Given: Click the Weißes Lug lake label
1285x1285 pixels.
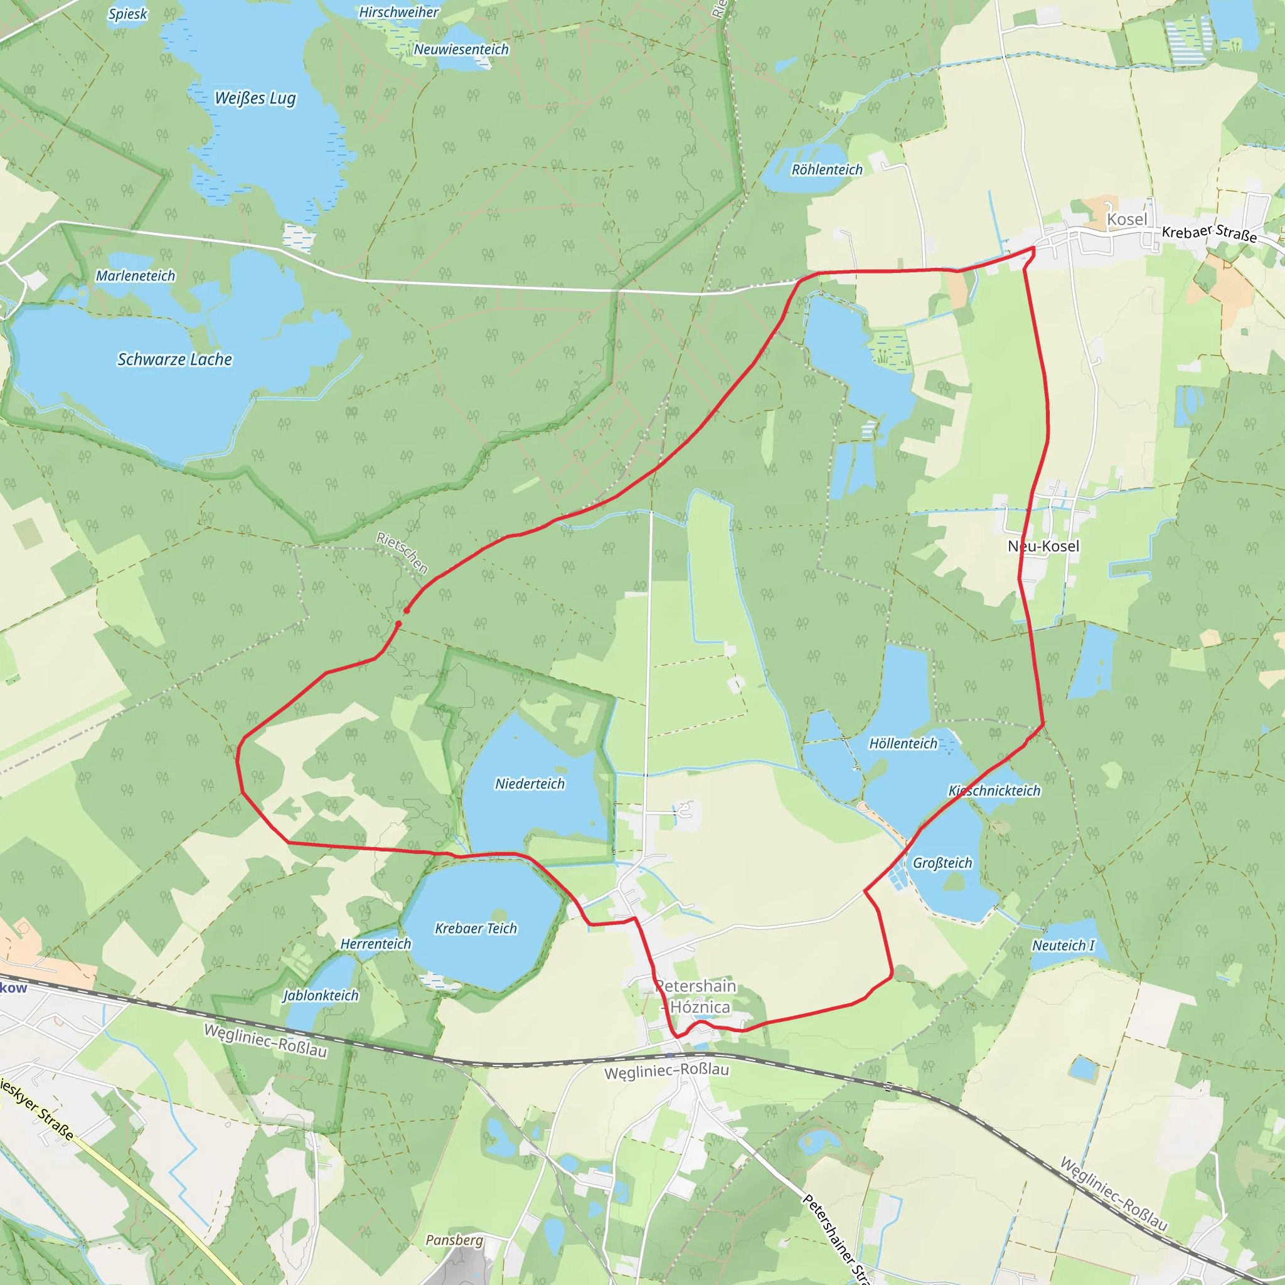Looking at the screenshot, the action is point(255,99).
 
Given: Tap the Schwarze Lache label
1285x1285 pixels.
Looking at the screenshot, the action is point(175,360).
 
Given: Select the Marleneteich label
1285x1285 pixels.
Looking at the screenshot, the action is point(136,276).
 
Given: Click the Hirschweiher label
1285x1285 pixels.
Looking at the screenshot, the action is point(399,13).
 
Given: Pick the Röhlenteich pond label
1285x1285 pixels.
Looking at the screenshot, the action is point(827,170).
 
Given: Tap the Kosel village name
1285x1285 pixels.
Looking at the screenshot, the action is point(1128,220).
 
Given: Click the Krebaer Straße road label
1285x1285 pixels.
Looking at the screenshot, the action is point(1209,233).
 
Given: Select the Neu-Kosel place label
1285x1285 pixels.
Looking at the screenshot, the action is point(1043,547).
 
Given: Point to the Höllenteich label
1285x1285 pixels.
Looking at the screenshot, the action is point(904,744).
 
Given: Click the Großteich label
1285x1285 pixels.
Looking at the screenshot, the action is point(942,863).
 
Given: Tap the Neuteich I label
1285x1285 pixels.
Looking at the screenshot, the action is point(1063,946).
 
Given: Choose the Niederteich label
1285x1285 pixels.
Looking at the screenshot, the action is point(530,784).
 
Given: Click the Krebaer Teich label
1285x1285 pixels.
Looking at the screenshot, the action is point(476,929).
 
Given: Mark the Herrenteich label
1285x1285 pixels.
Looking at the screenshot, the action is point(376,944).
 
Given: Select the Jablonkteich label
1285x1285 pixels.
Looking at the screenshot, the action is point(321,996).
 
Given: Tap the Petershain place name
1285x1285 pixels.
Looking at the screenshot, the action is point(696,986).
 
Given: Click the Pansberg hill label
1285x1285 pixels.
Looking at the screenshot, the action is point(454,1240).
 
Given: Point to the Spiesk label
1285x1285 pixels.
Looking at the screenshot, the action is point(128,14).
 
